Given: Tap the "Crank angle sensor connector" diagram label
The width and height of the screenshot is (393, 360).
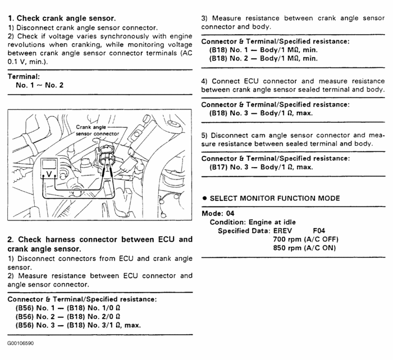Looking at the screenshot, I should click(x=97, y=131).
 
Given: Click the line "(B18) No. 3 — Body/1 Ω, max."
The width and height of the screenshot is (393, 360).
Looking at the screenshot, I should click(x=261, y=113).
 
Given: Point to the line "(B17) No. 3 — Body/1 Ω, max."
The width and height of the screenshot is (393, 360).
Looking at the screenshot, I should click(x=261, y=167).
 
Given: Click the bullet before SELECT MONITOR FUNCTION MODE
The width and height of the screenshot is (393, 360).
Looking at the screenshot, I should click(x=204, y=198).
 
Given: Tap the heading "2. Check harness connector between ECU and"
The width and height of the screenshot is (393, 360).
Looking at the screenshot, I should click(x=100, y=239).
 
